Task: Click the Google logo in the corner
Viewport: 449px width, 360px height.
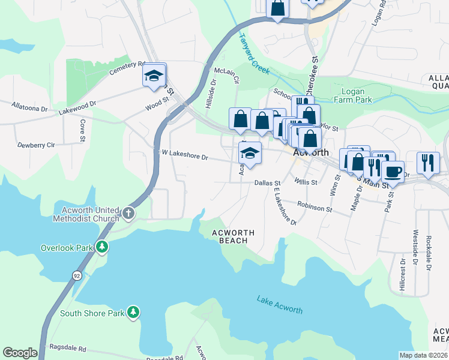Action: pyautogui.click(x=20, y=353)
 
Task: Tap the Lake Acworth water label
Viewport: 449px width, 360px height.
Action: pyautogui.click(x=280, y=304)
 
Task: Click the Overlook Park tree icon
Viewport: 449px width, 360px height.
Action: pyautogui.click(x=103, y=247)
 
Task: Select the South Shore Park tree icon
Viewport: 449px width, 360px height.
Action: pyautogui.click(x=133, y=313)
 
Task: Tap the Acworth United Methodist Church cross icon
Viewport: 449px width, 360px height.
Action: pyautogui.click(x=128, y=213)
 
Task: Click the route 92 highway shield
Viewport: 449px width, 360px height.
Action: pyautogui.click(x=77, y=275)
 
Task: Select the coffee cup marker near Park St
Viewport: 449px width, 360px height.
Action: pyautogui.click(x=393, y=172)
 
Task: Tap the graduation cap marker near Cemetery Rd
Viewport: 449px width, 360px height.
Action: pyautogui.click(x=154, y=74)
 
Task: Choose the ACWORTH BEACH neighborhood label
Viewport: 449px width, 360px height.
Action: pyautogui.click(x=234, y=236)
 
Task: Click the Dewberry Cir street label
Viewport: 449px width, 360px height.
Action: pyautogui.click(x=36, y=145)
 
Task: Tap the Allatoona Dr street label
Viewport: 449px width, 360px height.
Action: pyautogui.click(x=29, y=107)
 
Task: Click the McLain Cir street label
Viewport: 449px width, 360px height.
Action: pyautogui.click(x=227, y=75)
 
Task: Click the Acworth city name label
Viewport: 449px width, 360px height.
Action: pyautogui.click(x=311, y=153)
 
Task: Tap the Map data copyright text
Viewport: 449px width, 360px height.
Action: pyautogui.click(x=424, y=355)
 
